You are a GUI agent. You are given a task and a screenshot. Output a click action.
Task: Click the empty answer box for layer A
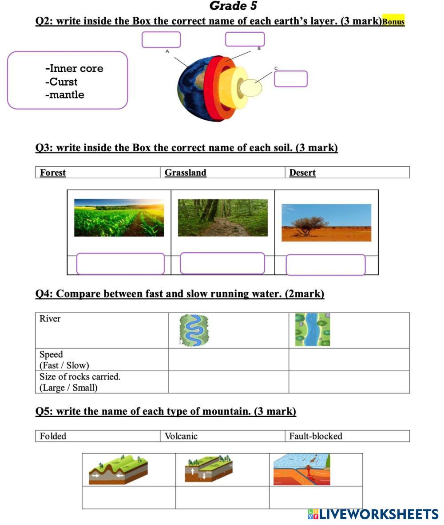pos(161,39)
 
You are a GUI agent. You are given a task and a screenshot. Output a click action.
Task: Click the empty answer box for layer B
pos(245,39)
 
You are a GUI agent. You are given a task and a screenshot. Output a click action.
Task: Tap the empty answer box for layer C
pos(291,79)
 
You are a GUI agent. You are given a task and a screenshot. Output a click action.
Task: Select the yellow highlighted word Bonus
pos(393,21)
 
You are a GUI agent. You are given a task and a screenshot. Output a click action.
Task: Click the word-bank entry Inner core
pos(74,68)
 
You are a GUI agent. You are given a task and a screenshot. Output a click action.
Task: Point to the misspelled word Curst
pos(61,82)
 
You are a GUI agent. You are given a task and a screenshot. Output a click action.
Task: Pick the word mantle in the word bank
pos(65,94)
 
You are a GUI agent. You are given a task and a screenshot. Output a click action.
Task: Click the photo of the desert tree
pos(326,223)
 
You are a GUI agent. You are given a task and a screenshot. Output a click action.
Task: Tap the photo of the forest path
pos(223,218)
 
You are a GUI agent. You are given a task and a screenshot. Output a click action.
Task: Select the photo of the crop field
pos(119,218)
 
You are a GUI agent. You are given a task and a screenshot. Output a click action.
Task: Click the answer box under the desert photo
pos(325,265)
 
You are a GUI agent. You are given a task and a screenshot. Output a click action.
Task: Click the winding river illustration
pos(194,330)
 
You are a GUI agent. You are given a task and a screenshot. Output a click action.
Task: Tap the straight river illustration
pos(313,329)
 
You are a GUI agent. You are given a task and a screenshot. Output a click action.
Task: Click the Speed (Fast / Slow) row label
pos(64,360)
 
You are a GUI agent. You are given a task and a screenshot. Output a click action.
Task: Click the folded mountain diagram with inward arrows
pos(118,470)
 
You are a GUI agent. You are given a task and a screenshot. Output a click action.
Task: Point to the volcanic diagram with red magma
pos(302,470)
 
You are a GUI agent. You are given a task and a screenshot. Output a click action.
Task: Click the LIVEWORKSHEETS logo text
pos(373,514)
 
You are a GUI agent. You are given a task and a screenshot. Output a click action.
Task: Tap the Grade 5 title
pos(233,6)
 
